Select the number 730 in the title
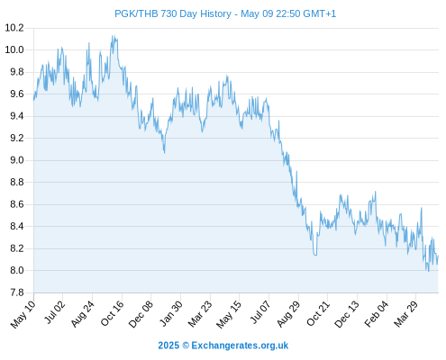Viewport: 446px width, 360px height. [x=170, y=13]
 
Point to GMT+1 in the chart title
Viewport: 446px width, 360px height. [x=320, y=13]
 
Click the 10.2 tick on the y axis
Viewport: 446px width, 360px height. [x=14, y=28]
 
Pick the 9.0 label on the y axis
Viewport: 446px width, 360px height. [x=17, y=160]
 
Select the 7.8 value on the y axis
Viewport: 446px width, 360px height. [x=17, y=292]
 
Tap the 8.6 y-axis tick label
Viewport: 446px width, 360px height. [x=17, y=204]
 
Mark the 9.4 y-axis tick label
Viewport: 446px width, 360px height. [x=17, y=116]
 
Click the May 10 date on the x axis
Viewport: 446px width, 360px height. [x=23, y=314]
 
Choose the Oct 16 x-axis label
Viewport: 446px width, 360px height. [x=112, y=313]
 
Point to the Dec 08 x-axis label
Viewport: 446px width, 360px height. [x=141, y=314]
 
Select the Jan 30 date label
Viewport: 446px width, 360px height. [x=170, y=313]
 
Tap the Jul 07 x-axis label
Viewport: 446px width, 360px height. [x=259, y=312]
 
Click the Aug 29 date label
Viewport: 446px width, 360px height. [x=288, y=313]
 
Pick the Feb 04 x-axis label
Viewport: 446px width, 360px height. [x=377, y=313]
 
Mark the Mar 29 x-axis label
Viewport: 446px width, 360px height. [x=405, y=313]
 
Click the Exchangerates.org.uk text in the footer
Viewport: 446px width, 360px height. [x=240, y=346]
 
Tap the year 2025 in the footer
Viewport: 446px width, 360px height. [x=168, y=346]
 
